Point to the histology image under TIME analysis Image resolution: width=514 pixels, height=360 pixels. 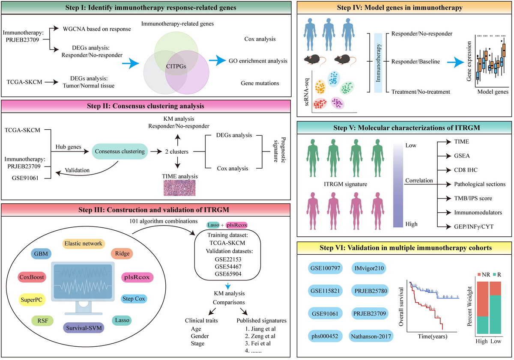tap(178, 187)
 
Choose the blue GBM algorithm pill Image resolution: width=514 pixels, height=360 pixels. tap(43, 253)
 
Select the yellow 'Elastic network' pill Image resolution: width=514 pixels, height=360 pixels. tap(83, 244)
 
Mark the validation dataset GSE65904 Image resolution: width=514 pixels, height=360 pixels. tap(222, 273)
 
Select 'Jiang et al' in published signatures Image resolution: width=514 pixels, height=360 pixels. tap(254, 328)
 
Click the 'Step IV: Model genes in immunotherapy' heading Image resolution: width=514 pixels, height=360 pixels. tap(404, 8)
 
